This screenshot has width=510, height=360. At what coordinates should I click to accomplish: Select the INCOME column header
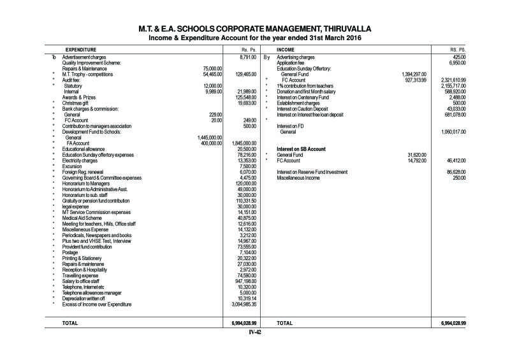click(285, 48)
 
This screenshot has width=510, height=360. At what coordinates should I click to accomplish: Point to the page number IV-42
click(255, 332)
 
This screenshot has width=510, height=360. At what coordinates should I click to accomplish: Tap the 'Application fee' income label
click(293, 63)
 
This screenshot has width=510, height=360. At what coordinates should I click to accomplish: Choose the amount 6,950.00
click(458, 63)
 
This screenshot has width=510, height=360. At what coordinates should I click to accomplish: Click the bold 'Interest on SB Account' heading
click(302, 148)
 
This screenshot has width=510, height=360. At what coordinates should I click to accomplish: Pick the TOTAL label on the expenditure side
click(70, 323)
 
